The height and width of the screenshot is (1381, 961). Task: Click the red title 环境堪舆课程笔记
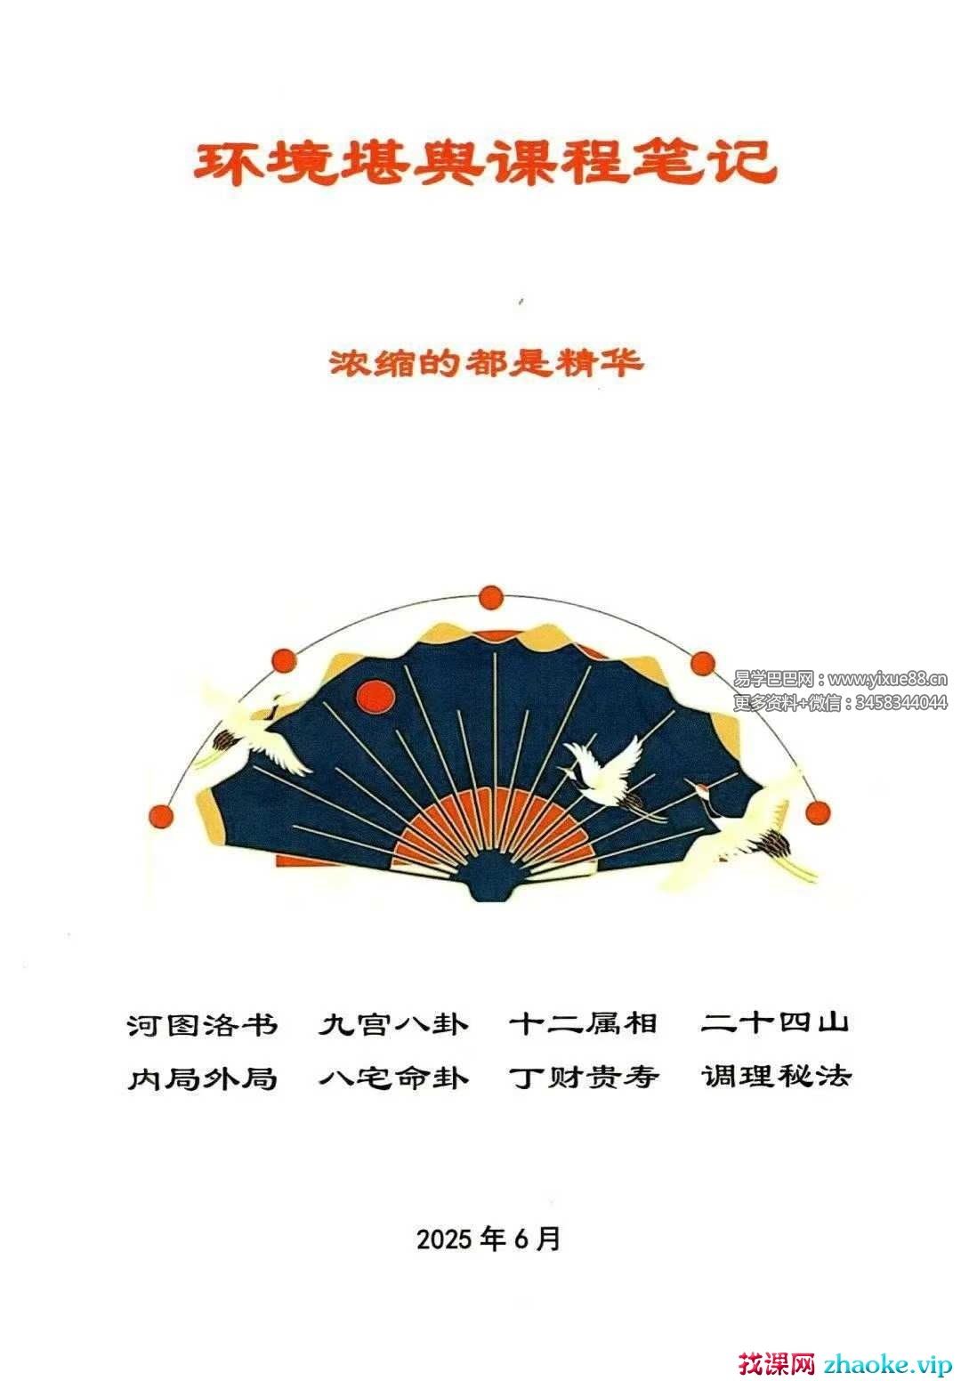click(x=485, y=163)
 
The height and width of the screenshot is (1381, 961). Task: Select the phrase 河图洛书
click(x=202, y=1025)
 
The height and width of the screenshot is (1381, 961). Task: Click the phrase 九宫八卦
click(x=393, y=1025)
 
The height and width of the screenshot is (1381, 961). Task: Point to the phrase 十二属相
click(x=583, y=1024)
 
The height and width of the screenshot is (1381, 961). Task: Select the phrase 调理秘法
click(x=776, y=1077)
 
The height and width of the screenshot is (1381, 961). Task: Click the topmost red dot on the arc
click(x=490, y=597)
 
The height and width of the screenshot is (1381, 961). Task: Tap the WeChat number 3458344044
click(x=900, y=702)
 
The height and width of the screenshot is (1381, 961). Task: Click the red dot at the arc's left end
click(x=162, y=816)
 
